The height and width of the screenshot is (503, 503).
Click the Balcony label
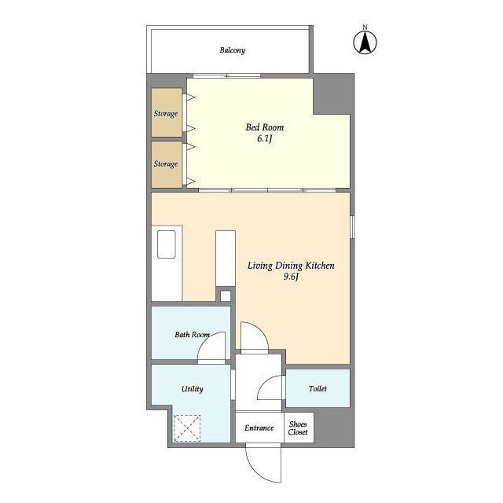233,50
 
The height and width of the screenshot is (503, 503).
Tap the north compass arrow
365,43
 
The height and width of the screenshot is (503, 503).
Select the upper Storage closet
167,112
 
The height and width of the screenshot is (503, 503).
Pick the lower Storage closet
167,164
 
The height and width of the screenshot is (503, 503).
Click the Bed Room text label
265,127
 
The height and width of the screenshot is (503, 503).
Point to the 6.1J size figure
265,138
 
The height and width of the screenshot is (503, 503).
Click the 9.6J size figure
291,277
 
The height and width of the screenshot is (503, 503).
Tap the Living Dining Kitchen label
291,266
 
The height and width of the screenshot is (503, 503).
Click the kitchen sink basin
167,244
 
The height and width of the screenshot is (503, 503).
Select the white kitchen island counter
226,259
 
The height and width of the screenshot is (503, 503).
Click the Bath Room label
192,335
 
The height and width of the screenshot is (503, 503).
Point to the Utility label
192,389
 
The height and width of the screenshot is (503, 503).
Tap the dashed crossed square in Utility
187,428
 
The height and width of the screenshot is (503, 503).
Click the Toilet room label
318,389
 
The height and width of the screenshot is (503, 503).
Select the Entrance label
259,428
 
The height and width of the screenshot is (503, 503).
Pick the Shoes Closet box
299,428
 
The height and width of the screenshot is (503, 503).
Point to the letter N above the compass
365,28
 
